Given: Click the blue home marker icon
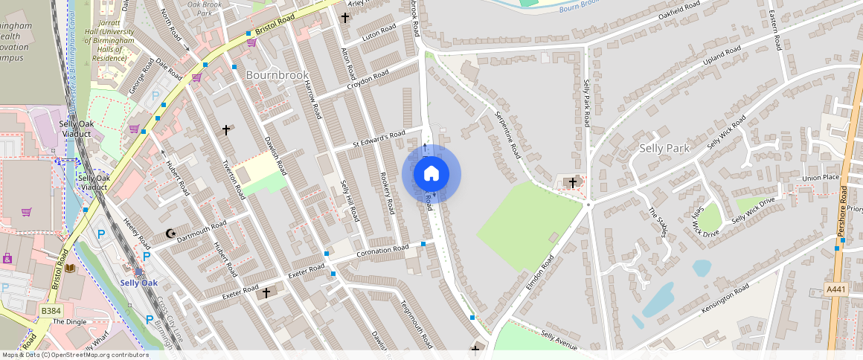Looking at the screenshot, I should pyautogui.click(x=431, y=174).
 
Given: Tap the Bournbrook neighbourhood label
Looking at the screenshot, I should pyautogui.click(x=277, y=76).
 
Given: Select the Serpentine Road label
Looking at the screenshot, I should pyautogui.click(x=507, y=134).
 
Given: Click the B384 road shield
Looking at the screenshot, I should pyautogui.click(x=51, y=310).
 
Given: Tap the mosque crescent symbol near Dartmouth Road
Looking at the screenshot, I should pyautogui.click(x=171, y=234).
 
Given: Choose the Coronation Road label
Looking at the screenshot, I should pyautogui.click(x=382, y=251).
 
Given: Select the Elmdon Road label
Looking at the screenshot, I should pyautogui.click(x=541, y=274).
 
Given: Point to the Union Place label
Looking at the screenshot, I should pyautogui.click(x=821, y=178).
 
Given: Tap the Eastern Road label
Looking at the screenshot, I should pyautogui.click(x=777, y=30).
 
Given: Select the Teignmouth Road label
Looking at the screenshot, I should pyautogui.click(x=416, y=324).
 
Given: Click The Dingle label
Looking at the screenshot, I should pyautogui.click(x=69, y=321).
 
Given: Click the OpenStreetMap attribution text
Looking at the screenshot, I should pyautogui.click(x=74, y=355).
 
